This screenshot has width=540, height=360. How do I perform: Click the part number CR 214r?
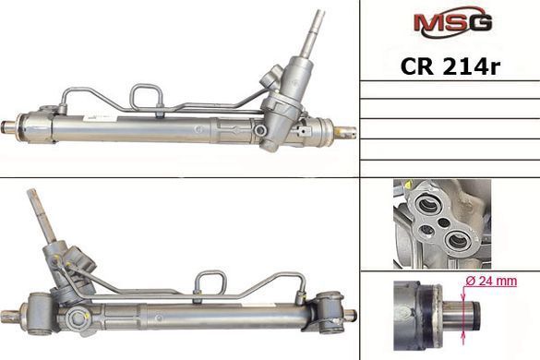(x=450, y=66)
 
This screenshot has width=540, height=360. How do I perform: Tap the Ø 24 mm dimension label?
(x=491, y=282)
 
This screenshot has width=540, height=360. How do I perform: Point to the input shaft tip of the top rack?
(x=319, y=13)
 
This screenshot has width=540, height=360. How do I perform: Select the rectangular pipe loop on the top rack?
(x=146, y=97)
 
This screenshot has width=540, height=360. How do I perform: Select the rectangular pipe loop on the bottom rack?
(x=210, y=282)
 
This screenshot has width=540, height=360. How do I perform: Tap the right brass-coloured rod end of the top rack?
(x=345, y=133)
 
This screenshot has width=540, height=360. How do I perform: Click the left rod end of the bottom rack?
(x=10, y=317)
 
